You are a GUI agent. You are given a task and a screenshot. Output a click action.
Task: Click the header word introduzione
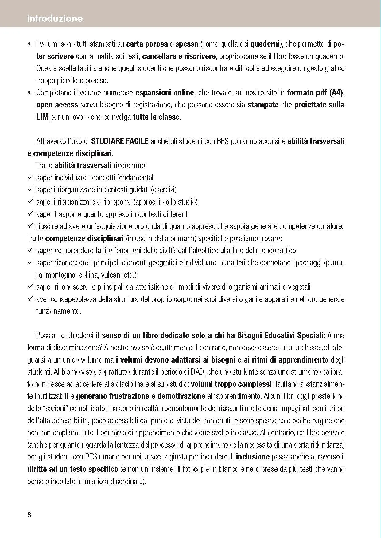(x=55, y=18)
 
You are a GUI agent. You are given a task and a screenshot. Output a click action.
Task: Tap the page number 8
(x=29, y=515)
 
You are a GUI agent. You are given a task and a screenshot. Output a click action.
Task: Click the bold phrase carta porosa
(x=147, y=44)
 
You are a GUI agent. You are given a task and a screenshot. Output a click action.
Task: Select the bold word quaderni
(x=265, y=44)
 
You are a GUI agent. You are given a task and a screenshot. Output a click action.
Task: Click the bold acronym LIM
(x=42, y=117)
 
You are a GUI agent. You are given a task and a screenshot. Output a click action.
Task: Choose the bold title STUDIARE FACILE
(x=120, y=141)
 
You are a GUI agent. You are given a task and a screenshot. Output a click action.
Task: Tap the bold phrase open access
(x=57, y=105)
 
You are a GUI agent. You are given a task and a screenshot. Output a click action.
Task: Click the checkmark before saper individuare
(x=30, y=177)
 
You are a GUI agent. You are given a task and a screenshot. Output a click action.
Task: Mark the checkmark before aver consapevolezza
(x=30, y=298)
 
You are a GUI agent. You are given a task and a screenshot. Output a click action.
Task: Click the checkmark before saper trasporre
(x=30, y=213)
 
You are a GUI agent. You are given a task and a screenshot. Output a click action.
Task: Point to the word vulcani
(x=111, y=275)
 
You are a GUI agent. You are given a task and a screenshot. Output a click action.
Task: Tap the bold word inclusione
(x=253, y=457)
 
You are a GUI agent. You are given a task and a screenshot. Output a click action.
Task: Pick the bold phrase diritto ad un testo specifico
(x=73, y=469)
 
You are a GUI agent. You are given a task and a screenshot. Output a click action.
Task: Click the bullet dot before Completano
(x=29, y=93)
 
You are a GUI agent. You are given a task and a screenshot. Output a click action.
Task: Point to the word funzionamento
(x=58, y=311)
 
